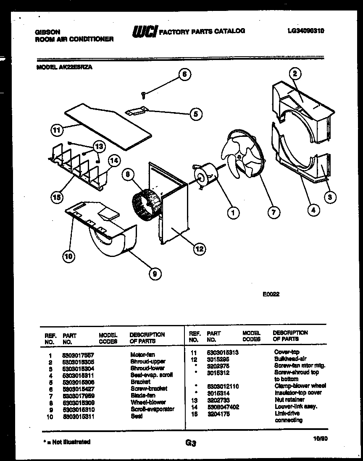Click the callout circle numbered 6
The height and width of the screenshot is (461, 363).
coord(183,75)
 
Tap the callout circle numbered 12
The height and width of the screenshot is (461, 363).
coord(199,249)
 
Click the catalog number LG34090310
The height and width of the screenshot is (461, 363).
coord(306,31)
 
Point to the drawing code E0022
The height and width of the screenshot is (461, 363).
coord(271,294)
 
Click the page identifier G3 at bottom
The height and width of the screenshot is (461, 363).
coord(190,443)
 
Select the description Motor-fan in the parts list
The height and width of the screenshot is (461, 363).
coord(142,355)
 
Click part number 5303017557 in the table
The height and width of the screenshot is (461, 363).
coord(78,355)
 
